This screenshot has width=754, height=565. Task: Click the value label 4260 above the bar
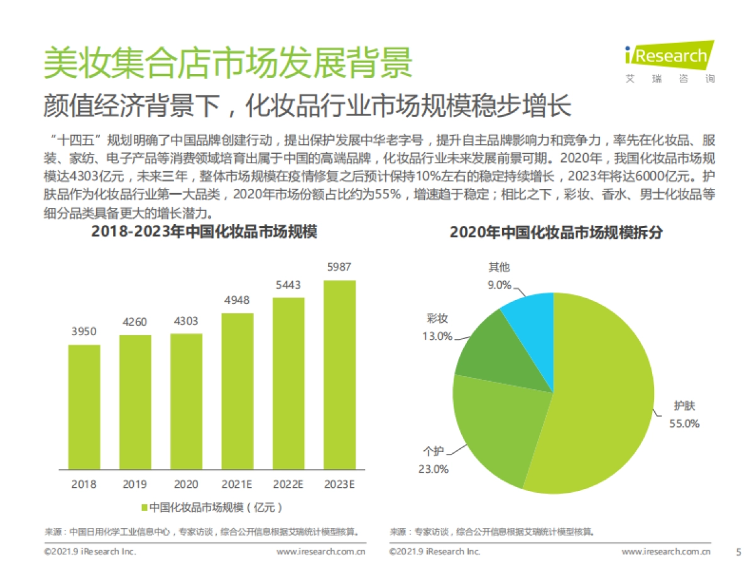point(135,323)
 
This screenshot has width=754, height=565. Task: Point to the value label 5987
point(339,267)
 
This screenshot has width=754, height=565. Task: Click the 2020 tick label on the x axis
point(186,484)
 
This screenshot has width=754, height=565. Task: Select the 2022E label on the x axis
point(288,484)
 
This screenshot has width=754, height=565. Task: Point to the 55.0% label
point(684,423)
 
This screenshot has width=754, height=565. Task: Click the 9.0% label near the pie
point(500,284)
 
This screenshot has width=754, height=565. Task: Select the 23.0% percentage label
point(433,468)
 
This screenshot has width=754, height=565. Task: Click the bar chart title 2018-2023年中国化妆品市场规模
point(204,232)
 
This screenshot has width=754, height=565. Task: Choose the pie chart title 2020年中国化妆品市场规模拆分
point(556,232)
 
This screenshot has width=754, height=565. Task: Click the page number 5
point(738,552)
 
